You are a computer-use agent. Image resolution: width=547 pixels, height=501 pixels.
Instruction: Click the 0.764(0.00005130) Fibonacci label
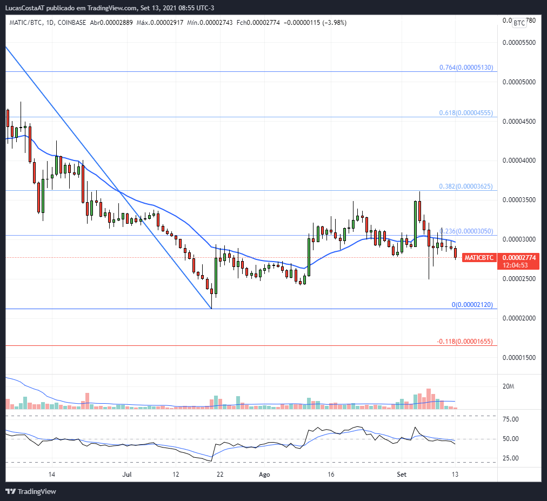466,68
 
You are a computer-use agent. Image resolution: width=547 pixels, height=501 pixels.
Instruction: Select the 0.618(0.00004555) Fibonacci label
466,113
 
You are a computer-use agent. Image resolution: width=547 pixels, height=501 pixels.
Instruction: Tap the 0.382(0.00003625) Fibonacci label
466,186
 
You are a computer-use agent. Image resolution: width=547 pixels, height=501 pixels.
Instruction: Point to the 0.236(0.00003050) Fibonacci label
466,231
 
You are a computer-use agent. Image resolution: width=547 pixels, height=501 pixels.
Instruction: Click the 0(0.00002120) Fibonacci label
472,305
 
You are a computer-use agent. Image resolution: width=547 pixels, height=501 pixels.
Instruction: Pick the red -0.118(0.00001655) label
465,342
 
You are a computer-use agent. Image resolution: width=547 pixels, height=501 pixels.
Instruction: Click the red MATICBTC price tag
479,258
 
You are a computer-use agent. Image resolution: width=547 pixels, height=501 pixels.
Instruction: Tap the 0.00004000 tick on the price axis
519,161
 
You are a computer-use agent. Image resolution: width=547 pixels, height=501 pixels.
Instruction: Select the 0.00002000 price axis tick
519,318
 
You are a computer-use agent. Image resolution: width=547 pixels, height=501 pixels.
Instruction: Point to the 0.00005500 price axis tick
519,42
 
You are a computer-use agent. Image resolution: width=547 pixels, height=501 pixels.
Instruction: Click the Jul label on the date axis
127,475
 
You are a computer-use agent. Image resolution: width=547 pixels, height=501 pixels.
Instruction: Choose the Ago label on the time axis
264,475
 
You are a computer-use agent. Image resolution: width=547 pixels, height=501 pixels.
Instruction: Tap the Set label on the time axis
401,475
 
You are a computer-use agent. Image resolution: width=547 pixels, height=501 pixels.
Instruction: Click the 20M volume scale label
508,387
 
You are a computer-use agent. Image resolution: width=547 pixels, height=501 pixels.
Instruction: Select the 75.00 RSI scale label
511,419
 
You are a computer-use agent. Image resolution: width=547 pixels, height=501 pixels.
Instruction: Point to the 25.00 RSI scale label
511,458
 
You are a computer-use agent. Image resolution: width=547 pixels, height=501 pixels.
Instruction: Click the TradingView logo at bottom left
31,491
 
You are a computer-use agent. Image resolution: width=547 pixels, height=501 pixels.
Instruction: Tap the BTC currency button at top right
519,23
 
